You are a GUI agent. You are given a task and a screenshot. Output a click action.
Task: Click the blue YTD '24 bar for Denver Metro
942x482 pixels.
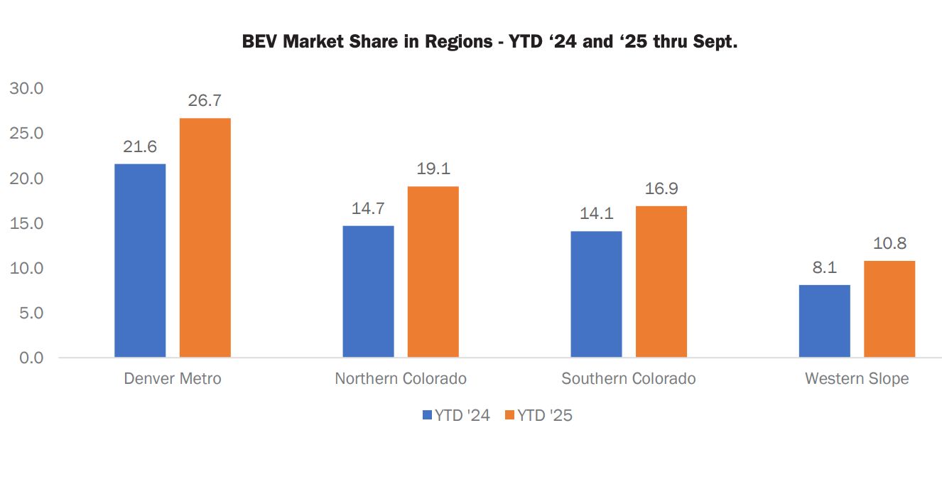click(140, 260)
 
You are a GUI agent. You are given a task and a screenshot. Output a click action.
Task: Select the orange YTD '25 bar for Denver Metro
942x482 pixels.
click(205, 237)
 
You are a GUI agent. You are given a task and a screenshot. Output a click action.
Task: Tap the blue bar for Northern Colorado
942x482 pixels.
click(368, 291)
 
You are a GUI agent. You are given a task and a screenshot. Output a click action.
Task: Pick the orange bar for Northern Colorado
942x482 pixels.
click(433, 272)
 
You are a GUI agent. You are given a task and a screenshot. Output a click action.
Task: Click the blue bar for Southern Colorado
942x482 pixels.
click(596, 294)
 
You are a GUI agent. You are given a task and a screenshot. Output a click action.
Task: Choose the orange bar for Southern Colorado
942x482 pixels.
click(661, 282)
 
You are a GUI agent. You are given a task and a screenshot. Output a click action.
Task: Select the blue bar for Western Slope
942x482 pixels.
click(824, 321)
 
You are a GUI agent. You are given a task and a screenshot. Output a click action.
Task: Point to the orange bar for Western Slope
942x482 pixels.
click(889, 309)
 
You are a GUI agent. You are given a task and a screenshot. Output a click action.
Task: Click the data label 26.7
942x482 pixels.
click(205, 101)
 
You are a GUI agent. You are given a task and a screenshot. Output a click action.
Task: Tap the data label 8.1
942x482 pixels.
click(824, 268)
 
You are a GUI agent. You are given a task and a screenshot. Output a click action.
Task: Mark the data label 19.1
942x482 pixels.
click(433, 169)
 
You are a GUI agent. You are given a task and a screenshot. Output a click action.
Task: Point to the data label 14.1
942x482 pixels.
click(596, 214)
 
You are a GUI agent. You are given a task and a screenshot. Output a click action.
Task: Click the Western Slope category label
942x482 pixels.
click(857, 378)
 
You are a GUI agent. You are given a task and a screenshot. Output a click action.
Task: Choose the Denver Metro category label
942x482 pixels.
click(173, 378)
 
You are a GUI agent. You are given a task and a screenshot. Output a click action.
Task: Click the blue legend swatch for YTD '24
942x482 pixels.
click(427, 415)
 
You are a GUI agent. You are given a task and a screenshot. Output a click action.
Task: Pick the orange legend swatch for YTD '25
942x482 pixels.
click(509, 415)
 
